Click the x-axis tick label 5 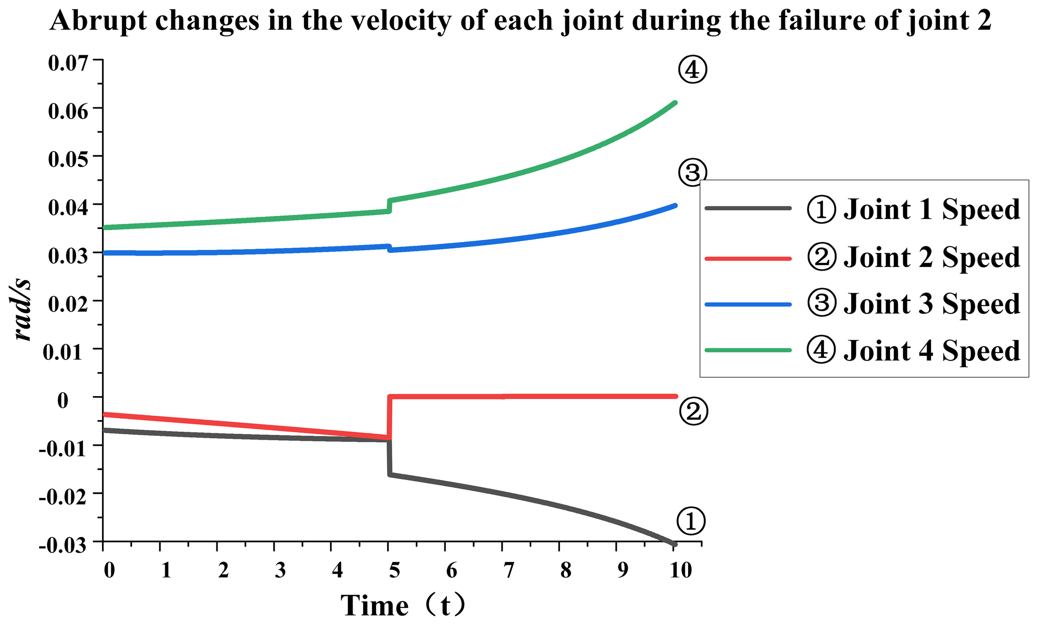[394, 571]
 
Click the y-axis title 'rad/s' [22, 310]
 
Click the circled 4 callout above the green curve [692, 70]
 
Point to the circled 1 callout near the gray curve [691, 521]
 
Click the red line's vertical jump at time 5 [389, 417]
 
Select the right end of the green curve [675, 103]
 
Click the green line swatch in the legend [748, 350]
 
